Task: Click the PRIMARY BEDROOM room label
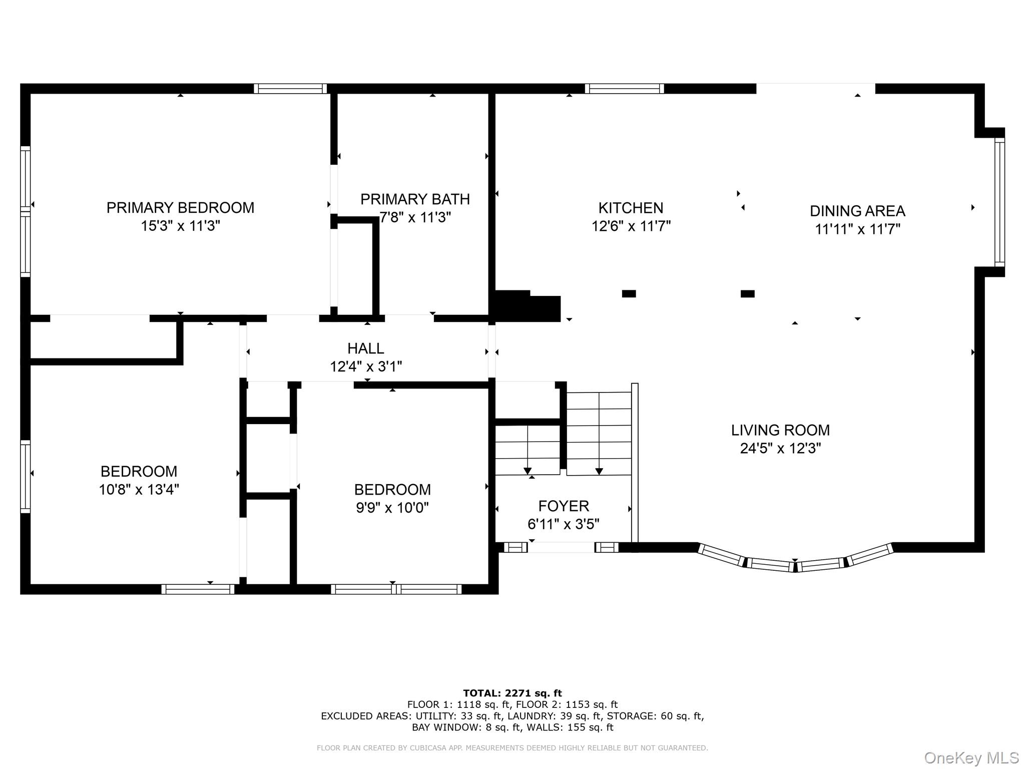[x=180, y=208]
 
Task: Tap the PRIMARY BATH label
[x=415, y=199]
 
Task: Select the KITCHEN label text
[x=631, y=208]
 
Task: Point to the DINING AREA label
[x=857, y=211]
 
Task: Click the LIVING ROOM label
[x=780, y=430]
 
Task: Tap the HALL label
[x=366, y=348]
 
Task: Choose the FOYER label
[x=564, y=506]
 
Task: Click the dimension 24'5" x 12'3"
[x=780, y=448]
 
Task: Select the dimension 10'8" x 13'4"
[x=139, y=489]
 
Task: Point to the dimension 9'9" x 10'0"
[x=392, y=508]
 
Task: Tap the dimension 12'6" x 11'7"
[x=631, y=226]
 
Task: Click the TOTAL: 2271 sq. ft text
[x=512, y=693]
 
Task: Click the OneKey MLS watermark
[x=971, y=758]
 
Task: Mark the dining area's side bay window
[x=999, y=202]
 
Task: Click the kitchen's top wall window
[x=625, y=89]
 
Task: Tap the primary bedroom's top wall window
[x=290, y=89]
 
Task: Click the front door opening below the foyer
[x=561, y=547]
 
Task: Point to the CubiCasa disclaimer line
[x=512, y=748]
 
